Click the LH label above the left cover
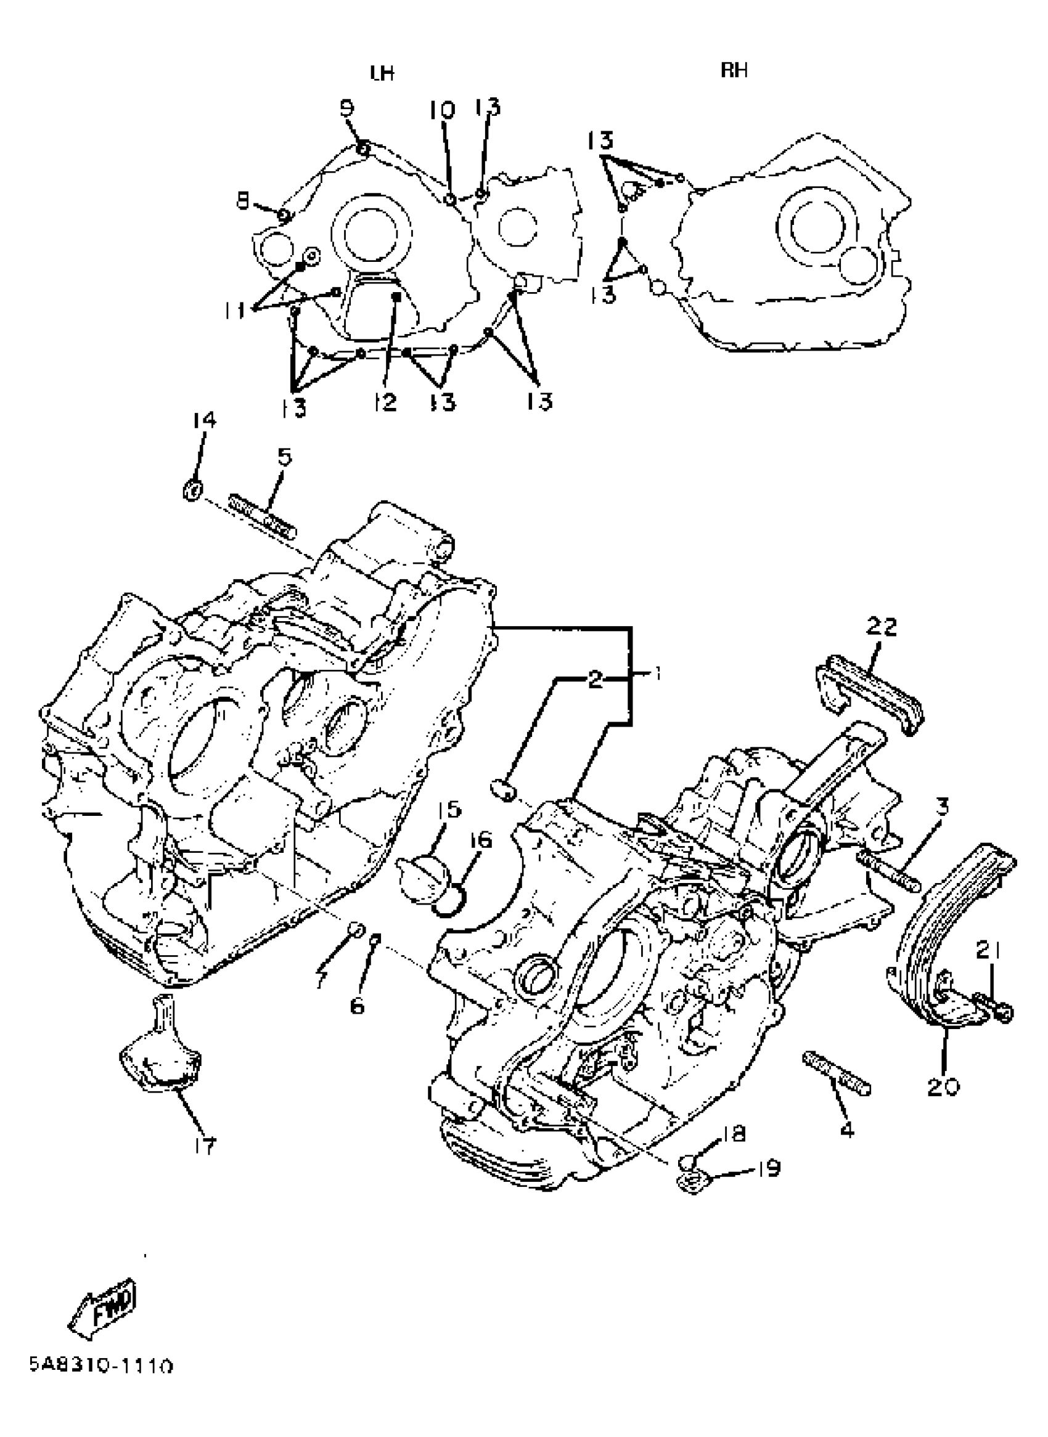click(x=382, y=74)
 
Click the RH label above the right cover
click(x=734, y=70)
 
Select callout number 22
click(x=881, y=627)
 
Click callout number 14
click(x=204, y=420)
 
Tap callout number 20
click(x=943, y=1087)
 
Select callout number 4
click(x=848, y=1130)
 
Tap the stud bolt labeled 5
click(x=263, y=515)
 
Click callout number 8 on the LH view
click(x=244, y=202)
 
